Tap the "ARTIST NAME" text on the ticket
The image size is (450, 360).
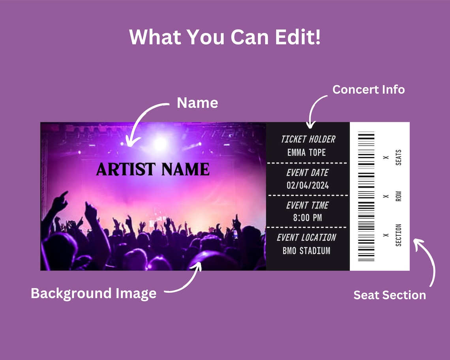(153, 169)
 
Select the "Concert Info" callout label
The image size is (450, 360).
(368, 90)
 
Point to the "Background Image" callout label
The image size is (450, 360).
(94, 293)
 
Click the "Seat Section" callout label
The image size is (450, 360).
(389, 295)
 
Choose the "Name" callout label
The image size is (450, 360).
(197, 103)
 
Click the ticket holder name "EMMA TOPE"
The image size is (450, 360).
(307, 152)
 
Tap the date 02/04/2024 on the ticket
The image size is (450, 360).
(307, 185)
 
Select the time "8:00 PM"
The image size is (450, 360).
(307, 217)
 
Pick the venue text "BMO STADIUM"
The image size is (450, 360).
(306, 250)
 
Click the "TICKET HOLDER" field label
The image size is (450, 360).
(308, 139)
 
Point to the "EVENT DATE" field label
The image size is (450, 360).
(307, 172)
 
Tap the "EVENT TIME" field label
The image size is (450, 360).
(307, 205)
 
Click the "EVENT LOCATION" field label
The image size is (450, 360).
(307, 238)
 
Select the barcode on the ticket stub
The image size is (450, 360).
(366, 196)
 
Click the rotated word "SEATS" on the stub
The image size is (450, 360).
(398, 157)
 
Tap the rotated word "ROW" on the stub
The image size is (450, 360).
(398, 196)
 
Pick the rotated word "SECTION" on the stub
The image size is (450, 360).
(398, 235)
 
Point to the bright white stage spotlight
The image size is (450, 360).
(160, 143)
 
